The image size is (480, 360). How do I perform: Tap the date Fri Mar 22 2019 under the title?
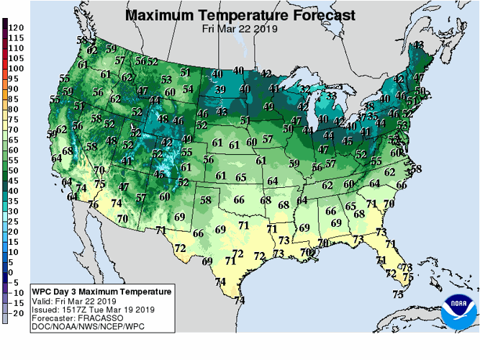240,28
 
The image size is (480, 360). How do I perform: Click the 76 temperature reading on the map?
94,204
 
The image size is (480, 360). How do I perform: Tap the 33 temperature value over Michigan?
331,96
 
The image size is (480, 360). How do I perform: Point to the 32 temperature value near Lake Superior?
304,90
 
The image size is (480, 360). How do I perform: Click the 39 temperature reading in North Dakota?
221,89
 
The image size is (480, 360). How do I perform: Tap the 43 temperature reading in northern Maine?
418,45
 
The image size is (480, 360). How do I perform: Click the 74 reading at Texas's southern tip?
239,300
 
